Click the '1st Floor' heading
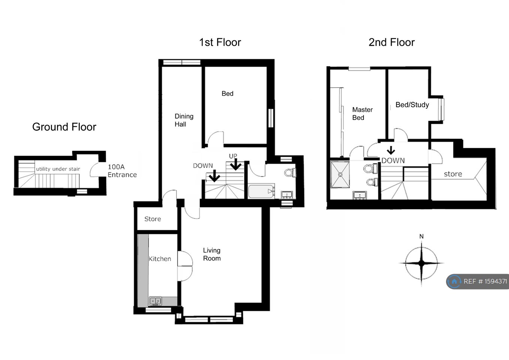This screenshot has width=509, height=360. click(220, 42)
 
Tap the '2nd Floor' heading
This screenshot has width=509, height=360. click(392, 42)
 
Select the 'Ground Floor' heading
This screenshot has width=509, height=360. click(64, 127)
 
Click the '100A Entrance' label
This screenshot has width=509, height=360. click(122, 171)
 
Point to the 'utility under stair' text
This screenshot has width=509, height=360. click(58, 169)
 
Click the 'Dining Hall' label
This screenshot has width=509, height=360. click(184, 120)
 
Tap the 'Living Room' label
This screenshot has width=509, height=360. click(212, 254)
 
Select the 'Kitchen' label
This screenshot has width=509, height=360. click(160, 259)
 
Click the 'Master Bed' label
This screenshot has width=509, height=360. click(362, 114)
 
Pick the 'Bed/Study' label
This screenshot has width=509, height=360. click(412, 105)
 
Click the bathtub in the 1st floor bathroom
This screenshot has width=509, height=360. click(261, 191)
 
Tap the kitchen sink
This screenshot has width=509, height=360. click(156, 301)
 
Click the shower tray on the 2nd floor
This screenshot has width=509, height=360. click(340, 174)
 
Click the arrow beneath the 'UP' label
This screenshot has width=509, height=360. click(236, 164)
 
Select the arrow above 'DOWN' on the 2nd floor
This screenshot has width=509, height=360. click(391, 150)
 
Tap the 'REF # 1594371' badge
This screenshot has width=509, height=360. click(478, 281)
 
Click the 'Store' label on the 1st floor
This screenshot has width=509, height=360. click(153, 219)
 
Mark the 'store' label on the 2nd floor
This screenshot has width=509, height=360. click(453, 174)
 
